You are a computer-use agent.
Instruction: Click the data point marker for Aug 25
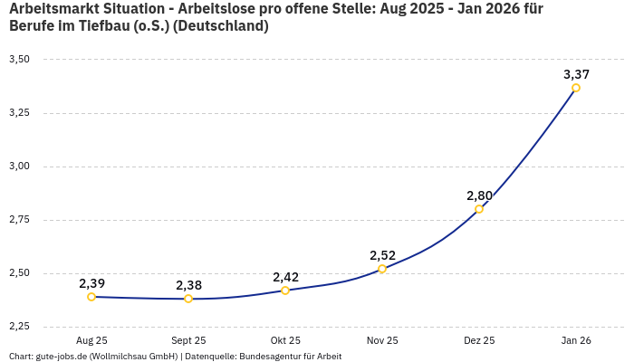[x=91, y=297]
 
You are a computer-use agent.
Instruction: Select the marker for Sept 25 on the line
[x=188, y=299]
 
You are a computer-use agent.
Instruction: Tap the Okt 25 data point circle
[x=285, y=291]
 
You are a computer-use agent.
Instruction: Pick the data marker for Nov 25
[x=382, y=269]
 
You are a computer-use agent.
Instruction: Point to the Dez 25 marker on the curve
[x=479, y=209]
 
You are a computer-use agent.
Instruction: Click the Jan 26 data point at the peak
[x=576, y=88]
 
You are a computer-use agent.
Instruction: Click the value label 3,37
[x=576, y=74]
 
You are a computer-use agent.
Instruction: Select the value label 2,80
[x=479, y=195]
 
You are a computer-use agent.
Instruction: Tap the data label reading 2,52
[x=382, y=255]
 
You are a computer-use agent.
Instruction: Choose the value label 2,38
[x=188, y=285]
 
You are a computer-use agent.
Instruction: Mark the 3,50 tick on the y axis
[x=19, y=60]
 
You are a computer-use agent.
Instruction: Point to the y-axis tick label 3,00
[x=19, y=167]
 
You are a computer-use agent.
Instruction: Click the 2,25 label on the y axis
[x=19, y=327]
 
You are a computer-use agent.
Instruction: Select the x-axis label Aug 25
[x=91, y=340]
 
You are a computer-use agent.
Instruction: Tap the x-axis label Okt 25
[x=285, y=340]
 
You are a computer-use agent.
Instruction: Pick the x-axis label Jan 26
[x=576, y=340]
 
